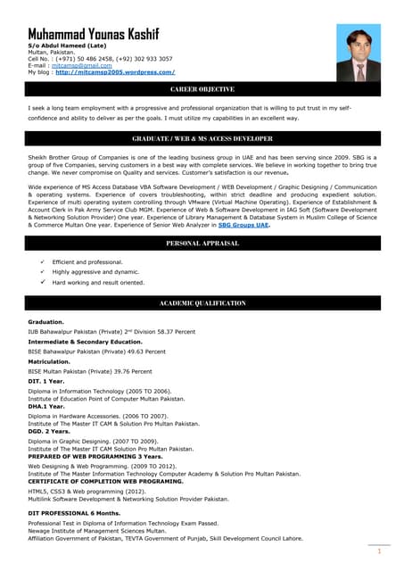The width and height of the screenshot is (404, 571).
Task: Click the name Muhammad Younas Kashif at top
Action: (x=94, y=34)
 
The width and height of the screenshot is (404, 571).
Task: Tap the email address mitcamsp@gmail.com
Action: (x=76, y=65)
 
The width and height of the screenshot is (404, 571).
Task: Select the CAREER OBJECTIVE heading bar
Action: (x=202, y=90)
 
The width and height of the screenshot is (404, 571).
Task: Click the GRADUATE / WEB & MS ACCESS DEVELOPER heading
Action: (x=202, y=139)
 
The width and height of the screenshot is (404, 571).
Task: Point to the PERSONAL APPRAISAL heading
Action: (x=202, y=244)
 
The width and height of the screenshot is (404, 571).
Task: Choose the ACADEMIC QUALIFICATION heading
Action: (x=202, y=304)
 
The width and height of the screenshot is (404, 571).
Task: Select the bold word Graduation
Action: (x=45, y=321)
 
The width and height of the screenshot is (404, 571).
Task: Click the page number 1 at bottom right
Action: (x=379, y=551)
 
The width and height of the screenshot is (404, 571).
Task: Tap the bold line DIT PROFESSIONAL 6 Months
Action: (x=74, y=514)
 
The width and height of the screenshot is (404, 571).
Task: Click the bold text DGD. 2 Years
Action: (x=51, y=431)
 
